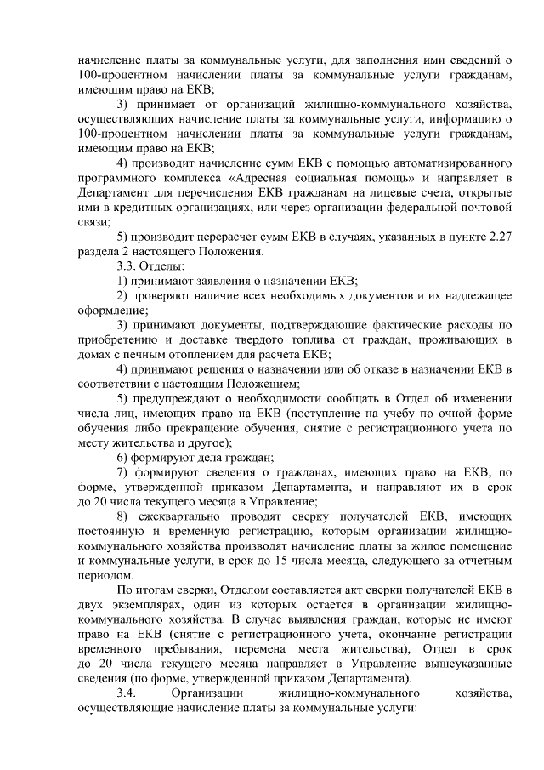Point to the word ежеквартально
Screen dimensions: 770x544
(x=190, y=516)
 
